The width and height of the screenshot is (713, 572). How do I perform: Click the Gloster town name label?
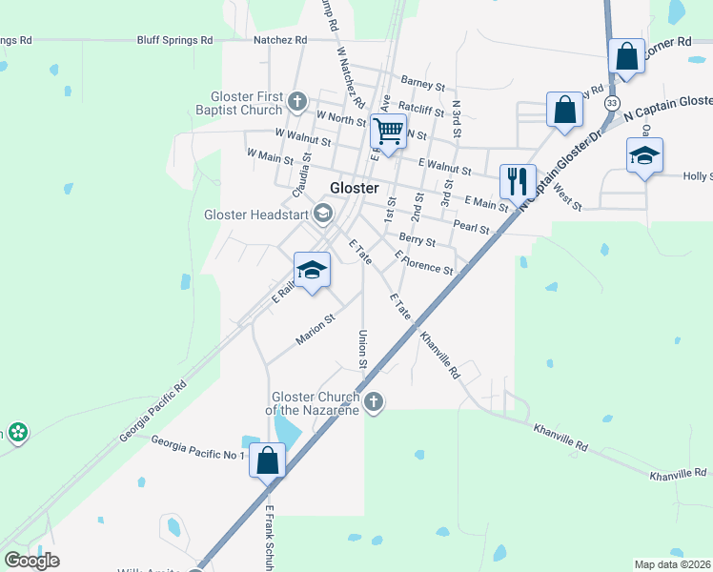click(x=355, y=188)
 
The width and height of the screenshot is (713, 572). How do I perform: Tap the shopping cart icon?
click(x=389, y=131)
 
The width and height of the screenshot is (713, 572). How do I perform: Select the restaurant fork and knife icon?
click(x=518, y=180)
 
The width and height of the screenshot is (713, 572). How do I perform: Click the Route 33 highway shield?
click(x=611, y=102)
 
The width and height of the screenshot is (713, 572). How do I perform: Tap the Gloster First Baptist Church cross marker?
click(x=297, y=101)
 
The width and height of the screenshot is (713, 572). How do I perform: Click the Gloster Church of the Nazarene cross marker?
click(x=374, y=401)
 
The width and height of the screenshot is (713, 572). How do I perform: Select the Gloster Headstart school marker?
click(x=322, y=214)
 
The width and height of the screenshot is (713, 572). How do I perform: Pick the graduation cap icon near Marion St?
click(x=312, y=271)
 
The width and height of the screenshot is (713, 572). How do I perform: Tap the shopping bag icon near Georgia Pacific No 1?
click(x=268, y=460)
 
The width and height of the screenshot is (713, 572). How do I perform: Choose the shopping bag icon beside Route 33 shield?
click(x=627, y=58)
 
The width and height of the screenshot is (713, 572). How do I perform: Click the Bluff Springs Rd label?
click(x=174, y=40)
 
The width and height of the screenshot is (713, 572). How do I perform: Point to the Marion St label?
click(x=316, y=330)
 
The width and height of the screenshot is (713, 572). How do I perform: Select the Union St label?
click(x=362, y=349)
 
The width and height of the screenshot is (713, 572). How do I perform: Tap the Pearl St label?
click(x=471, y=228)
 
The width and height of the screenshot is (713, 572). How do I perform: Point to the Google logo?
click(x=31, y=561)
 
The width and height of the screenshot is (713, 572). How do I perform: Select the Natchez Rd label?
click(x=280, y=40)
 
